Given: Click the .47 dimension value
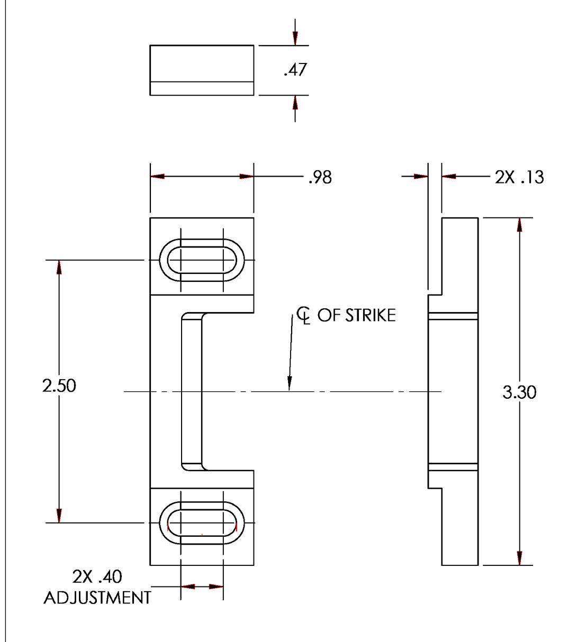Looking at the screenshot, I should tap(295, 70).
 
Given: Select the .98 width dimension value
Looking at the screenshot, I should tap(320, 177).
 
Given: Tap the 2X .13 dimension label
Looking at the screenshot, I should tap(519, 177).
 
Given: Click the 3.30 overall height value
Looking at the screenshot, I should tap(519, 392).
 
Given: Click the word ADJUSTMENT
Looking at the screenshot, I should tap(97, 598).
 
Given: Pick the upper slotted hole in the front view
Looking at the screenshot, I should tap(202, 260).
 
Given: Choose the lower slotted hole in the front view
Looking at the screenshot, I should tap(202, 523).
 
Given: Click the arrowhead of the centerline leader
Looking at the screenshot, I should tap(290, 385).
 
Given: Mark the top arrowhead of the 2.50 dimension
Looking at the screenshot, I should tap(59, 267).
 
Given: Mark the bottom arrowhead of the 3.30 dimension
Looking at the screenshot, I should tap(519, 558).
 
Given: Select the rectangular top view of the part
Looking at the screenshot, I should tap(202, 70).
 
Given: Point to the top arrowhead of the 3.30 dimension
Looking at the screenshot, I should tap(519, 224).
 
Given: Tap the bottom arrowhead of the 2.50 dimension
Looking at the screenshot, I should tap(59, 516).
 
